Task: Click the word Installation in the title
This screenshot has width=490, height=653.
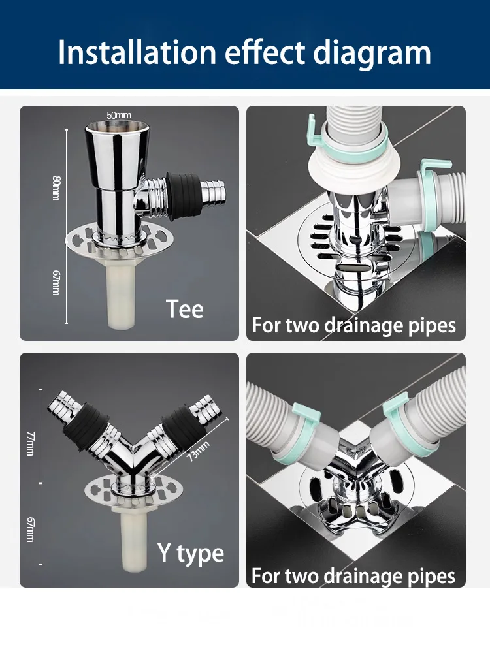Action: tap(137, 52)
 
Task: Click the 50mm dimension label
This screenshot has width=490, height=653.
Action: tap(119, 115)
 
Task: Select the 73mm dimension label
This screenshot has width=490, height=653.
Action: tap(198, 451)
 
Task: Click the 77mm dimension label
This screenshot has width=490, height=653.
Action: tap(31, 443)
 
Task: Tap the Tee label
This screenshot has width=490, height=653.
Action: tap(185, 309)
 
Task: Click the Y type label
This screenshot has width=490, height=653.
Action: tap(191, 554)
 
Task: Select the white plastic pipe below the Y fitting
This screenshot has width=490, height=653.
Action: tap(135, 537)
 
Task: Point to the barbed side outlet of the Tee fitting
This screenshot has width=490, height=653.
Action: tap(213, 191)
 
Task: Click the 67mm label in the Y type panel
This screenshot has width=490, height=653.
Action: tap(31, 530)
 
